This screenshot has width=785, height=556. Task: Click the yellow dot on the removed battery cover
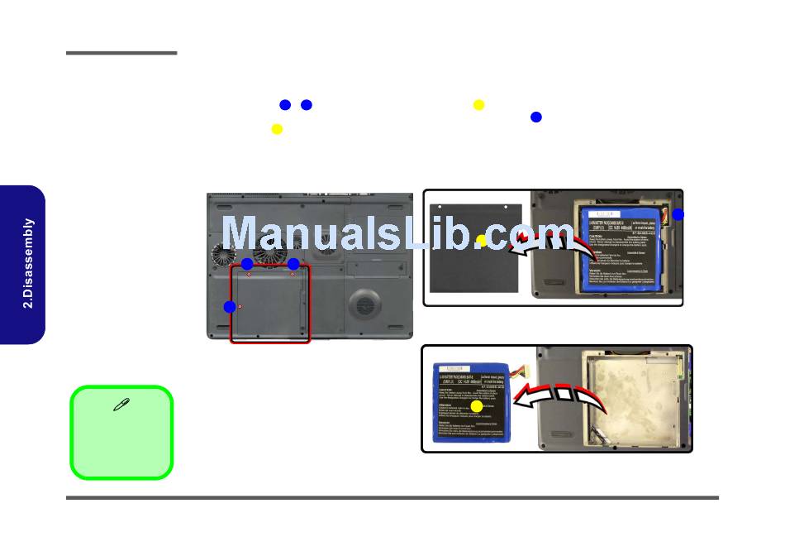click(x=482, y=240)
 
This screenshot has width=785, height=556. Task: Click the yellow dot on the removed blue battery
click(x=476, y=405)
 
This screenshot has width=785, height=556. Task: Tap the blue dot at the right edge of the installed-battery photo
click(x=678, y=214)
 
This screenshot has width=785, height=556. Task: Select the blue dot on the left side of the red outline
click(x=229, y=307)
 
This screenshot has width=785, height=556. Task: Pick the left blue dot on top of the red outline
click(x=247, y=263)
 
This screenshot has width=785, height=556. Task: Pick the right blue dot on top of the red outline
click(x=293, y=264)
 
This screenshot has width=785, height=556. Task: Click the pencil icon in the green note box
click(x=121, y=405)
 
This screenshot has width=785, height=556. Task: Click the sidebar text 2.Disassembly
click(x=29, y=263)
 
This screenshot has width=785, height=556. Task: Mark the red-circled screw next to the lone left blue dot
click(x=240, y=306)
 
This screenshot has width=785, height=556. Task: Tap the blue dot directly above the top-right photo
click(x=535, y=117)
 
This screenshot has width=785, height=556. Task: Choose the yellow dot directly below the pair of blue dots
click(x=277, y=129)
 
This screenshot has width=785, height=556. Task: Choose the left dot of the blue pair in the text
click(x=285, y=105)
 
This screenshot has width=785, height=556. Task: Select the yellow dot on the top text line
click(x=478, y=104)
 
